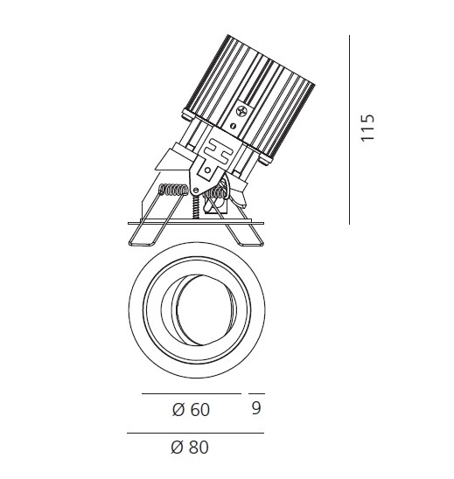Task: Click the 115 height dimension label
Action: (x=367, y=128)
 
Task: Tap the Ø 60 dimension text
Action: (x=191, y=410)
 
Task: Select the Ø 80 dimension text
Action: (x=190, y=448)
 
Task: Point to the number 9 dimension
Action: (x=256, y=408)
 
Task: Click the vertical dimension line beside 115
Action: (x=349, y=129)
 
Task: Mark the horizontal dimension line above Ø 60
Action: (x=192, y=393)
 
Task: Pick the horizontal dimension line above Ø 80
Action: (x=195, y=433)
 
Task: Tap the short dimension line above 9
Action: (x=256, y=393)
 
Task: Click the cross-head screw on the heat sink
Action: (x=242, y=111)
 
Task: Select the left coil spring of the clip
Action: (x=173, y=190)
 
